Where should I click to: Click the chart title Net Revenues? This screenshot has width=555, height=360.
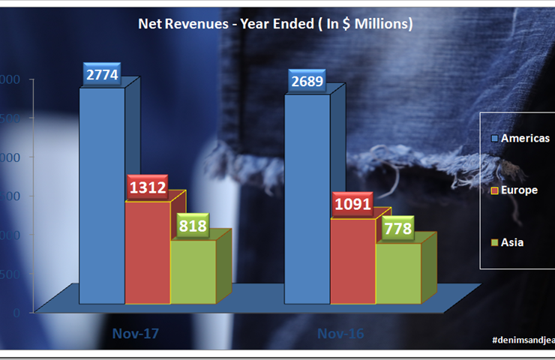click(x=275, y=24)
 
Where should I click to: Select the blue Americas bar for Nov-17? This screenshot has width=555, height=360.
click(x=102, y=195)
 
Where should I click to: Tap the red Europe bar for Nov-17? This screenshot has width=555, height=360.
click(x=148, y=251)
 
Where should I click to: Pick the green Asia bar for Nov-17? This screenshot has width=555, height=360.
click(x=193, y=271)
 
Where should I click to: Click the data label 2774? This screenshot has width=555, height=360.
click(x=101, y=75)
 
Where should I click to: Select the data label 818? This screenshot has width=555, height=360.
click(x=193, y=226)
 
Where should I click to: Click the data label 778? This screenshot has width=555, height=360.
click(x=397, y=229)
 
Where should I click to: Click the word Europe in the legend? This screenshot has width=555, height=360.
click(x=519, y=190)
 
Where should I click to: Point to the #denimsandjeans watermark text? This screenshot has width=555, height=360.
click(x=523, y=340)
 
